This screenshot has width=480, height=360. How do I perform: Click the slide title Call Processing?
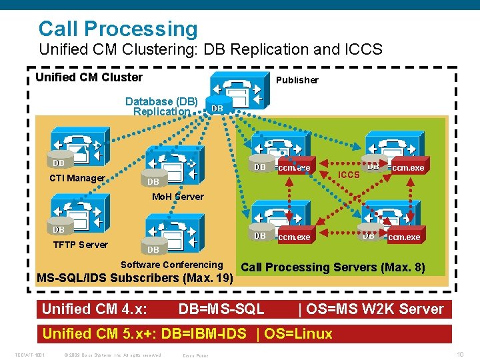(118, 29)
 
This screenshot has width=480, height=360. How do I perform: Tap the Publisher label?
(297, 80)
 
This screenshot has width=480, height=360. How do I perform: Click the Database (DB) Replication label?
(162, 107)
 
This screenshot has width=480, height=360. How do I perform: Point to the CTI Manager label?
(77, 178)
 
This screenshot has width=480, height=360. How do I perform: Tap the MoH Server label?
(178, 197)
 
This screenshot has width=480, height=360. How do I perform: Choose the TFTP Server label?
(80, 245)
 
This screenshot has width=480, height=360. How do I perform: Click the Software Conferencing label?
(172, 265)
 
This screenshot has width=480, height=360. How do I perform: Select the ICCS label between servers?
(349, 175)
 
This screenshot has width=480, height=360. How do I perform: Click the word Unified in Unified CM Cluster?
(56, 77)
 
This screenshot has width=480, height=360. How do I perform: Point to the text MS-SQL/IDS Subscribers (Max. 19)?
(135, 277)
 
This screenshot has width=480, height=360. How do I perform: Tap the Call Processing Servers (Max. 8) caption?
(333, 267)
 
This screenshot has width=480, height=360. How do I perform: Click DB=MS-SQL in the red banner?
(221, 309)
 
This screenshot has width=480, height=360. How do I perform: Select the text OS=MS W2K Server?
(375, 309)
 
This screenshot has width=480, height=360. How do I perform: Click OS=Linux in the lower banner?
(289, 333)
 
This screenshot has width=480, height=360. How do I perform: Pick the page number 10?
(460, 354)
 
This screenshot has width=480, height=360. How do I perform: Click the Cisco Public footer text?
(195, 355)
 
